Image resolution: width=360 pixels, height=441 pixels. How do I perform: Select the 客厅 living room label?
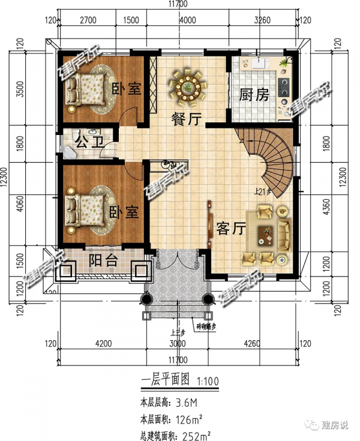[x=230, y=229]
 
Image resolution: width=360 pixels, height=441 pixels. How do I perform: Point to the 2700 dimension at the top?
[x=88, y=20]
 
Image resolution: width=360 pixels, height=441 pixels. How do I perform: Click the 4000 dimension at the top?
[x=188, y=20]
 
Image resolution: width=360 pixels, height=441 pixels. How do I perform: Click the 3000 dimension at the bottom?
[x=178, y=344]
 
